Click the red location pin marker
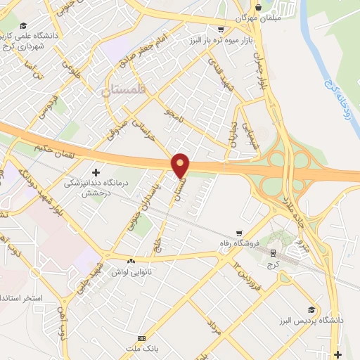click(x=181, y=165)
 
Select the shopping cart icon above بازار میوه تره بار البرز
click(x=221, y=30)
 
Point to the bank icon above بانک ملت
click(x=141, y=339)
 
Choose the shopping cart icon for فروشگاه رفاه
click(x=240, y=233)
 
